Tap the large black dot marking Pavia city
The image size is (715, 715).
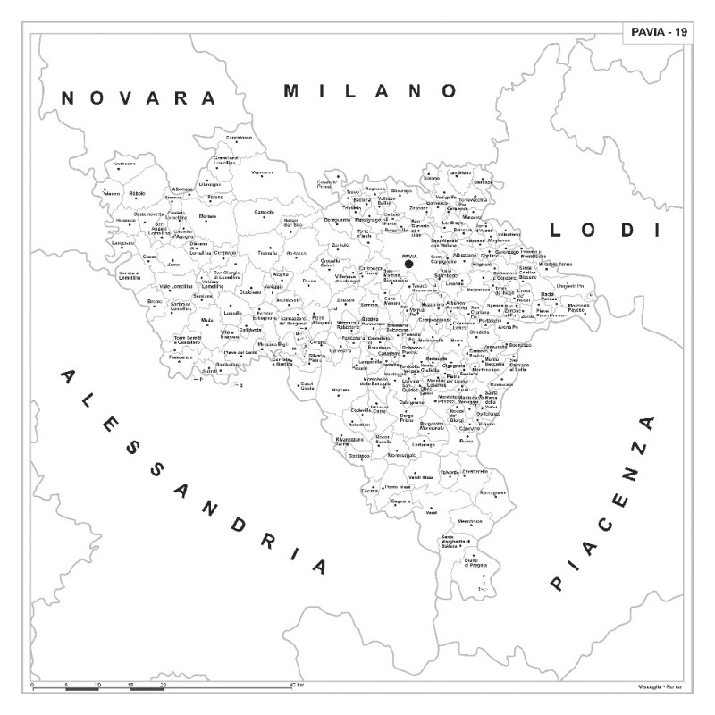pyautogui.click(x=408, y=264)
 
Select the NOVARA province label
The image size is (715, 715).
pyautogui.click(x=139, y=97)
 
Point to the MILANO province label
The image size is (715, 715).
pyautogui.click(x=370, y=90)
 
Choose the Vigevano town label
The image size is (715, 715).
pyautogui.click(x=262, y=172)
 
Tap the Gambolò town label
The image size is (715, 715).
pyautogui.click(x=265, y=212)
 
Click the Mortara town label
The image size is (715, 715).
pyautogui.click(x=207, y=216)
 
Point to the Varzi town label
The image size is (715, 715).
pyautogui.click(x=431, y=512)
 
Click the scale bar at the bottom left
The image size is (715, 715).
pyautogui.click(x=98, y=687)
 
